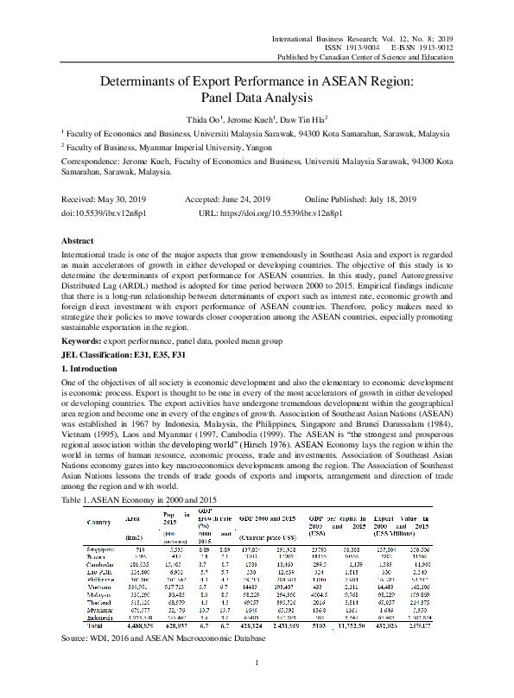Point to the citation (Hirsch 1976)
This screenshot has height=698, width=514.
pyautogui.click(x=317, y=443)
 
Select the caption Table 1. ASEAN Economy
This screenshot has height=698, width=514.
pyautogui.click(x=137, y=500)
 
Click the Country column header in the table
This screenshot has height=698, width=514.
pyautogui.click(x=105, y=522)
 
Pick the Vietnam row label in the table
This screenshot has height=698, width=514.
pyautogui.click(x=104, y=586)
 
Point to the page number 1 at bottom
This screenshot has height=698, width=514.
pyautogui.click(x=257, y=686)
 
